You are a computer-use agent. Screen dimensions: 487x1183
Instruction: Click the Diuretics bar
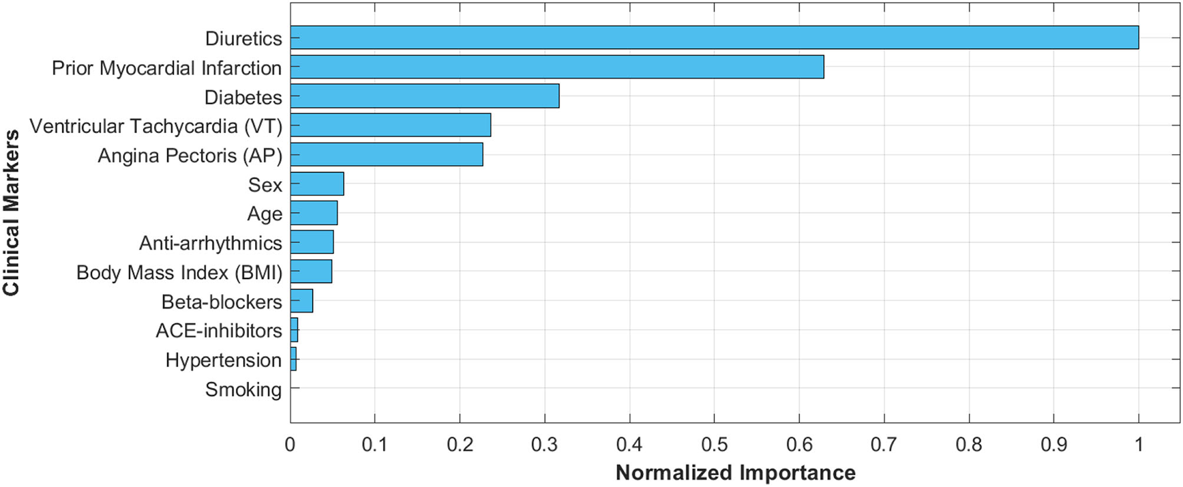point(714,37)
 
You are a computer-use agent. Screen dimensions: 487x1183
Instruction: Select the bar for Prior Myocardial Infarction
point(557,67)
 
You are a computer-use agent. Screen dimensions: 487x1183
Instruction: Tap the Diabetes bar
point(425,96)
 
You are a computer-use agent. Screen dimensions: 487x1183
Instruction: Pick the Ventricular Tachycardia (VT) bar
point(391,125)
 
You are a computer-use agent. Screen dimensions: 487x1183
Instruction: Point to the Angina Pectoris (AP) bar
point(387,154)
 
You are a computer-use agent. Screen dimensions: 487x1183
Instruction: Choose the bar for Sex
point(317,184)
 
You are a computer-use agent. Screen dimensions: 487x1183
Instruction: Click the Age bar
point(314,213)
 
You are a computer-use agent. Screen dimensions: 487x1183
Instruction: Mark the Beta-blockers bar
point(301,301)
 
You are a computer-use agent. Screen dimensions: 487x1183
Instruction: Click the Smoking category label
point(243,389)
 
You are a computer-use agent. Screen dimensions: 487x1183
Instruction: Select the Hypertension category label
point(223,360)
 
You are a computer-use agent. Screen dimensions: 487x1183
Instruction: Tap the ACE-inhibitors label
point(218,331)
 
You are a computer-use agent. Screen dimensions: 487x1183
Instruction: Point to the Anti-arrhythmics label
point(210,243)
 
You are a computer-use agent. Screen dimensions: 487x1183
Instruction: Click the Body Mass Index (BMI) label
point(179,273)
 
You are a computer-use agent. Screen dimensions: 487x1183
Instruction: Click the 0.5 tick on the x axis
point(714,444)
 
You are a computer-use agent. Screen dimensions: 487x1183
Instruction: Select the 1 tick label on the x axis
point(1138,444)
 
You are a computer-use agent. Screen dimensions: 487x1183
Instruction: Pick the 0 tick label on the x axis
point(290,444)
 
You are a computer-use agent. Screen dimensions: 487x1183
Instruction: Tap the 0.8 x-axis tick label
point(969,444)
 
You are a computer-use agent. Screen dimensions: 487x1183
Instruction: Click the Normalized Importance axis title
point(735,472)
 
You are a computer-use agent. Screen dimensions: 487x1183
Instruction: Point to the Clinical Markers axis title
point(11,212)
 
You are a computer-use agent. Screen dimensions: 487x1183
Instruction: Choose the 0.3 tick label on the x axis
point(545,444)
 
